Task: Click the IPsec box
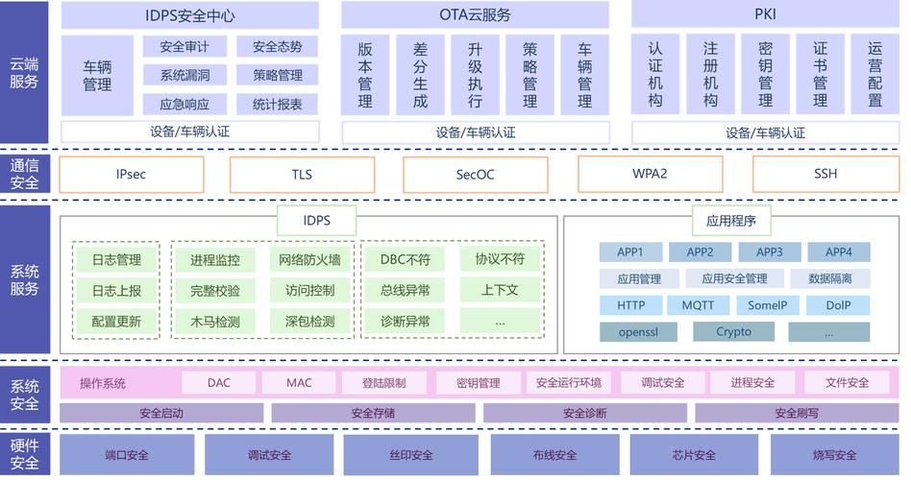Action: click(x=131, y=175)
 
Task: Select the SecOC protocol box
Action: click(x=475, y=175)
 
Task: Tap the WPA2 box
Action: click(x=650, y=175)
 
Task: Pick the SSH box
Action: click(x=825, y=175)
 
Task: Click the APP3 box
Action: click(x=770, y=252)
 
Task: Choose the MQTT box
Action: click(x=699, y=305)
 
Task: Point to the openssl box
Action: click(x=638, y=332)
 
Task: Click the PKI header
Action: click(x=765, y=15)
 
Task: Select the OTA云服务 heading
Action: click(x=475, y=15)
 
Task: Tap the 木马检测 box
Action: click(x=215, y=322)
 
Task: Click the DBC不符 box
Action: click(x=405, y=259)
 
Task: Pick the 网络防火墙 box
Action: click(x=309, y=259)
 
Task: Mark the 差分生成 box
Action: click(x=420, y=74)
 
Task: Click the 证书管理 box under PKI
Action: click(x=820, y=74)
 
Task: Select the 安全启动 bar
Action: click(x=161, y=413)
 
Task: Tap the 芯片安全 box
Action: click(x=694, y=454)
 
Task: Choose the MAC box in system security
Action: click(x=299, y=382)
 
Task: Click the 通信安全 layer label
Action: click(x=24, y=174)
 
